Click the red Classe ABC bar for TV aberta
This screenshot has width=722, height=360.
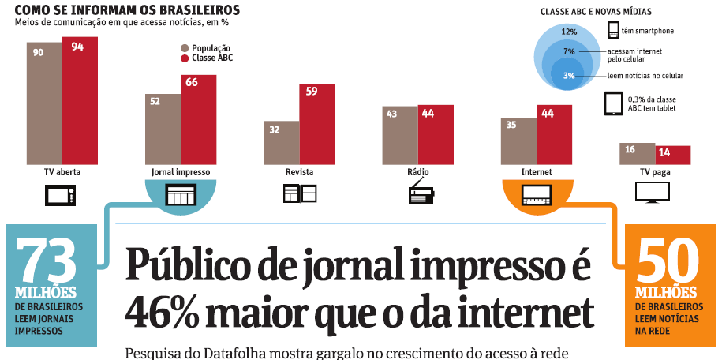click(x=80, y=101)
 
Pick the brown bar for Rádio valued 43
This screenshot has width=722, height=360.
click(x=400, y=135)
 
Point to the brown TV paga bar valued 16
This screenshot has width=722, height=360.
click(x=637, y=154)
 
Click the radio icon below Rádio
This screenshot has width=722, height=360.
click(x=421, y=193)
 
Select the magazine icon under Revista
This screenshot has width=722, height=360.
click(x=300, y=193)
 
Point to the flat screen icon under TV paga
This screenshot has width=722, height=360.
click(x=652, y=192)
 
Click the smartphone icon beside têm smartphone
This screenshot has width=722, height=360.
click(x=612, y=31)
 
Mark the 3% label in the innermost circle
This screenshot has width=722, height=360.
click(x=568, y=75)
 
